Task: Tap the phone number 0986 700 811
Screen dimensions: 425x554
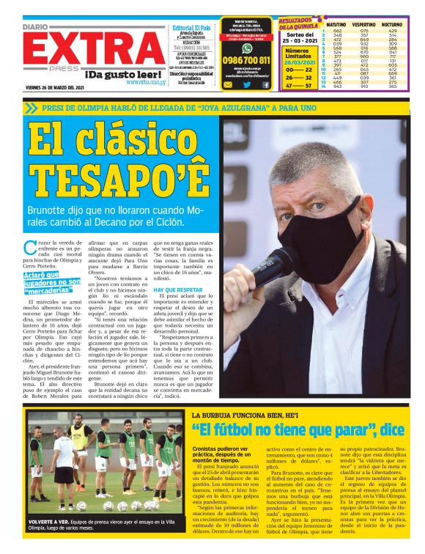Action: (246, 60)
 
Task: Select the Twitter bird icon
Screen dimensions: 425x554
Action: (247, 84)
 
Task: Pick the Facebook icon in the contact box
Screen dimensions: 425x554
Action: (265, 84)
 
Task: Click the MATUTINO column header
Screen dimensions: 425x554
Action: (336, 24)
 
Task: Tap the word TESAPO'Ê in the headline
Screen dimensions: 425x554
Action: (118, 177)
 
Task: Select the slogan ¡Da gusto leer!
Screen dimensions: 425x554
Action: (122, 74)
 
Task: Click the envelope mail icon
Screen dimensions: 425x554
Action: (228, 84)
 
